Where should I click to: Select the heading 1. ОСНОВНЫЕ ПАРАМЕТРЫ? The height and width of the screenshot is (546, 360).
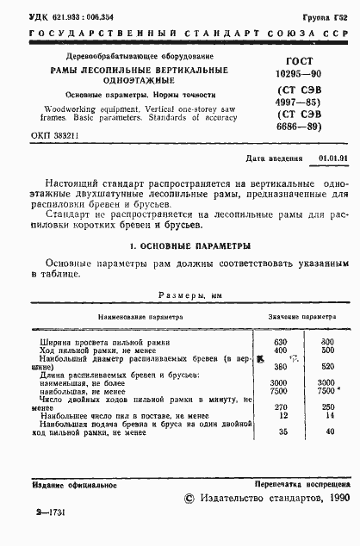click(179, 245)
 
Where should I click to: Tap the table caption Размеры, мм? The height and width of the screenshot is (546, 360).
click(190, 294)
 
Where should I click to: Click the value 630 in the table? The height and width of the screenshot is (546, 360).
click(279, 342)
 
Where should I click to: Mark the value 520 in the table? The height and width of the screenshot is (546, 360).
click(327, 365)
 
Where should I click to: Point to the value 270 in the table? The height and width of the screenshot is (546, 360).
click(279, 406)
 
